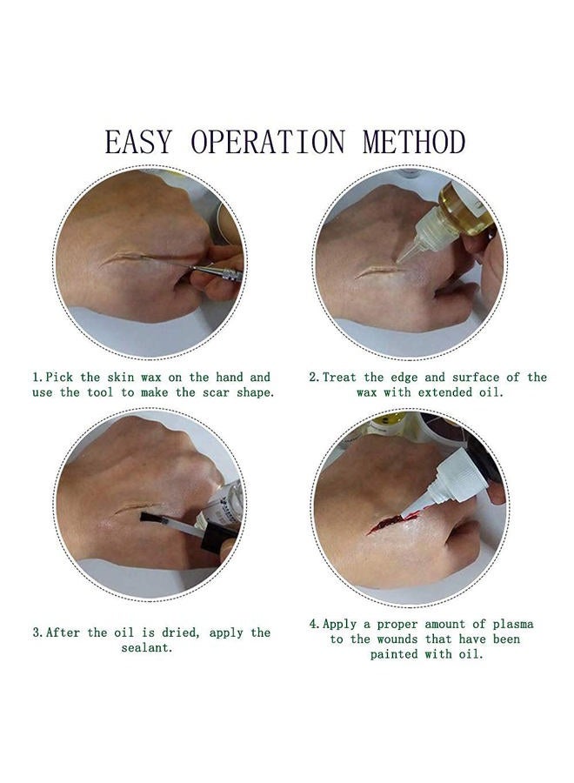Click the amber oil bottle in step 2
[x=467, y=209]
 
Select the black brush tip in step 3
[x=153, y=518]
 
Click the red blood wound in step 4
[x=387, y=523]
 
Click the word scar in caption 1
[x=216, y=392]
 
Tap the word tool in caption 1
[x=101, y=392]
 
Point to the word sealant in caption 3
[x=146, y=648]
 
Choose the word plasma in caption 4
[x=512, y=625]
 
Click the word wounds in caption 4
[x=397, y=639]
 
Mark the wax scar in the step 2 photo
[x=379, y=271]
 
